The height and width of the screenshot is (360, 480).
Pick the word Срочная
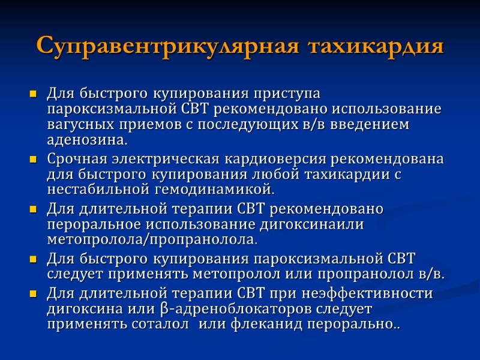click(74, 160)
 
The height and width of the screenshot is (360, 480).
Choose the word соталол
click(166, 325)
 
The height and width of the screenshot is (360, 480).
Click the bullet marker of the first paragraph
click(33, 95)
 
